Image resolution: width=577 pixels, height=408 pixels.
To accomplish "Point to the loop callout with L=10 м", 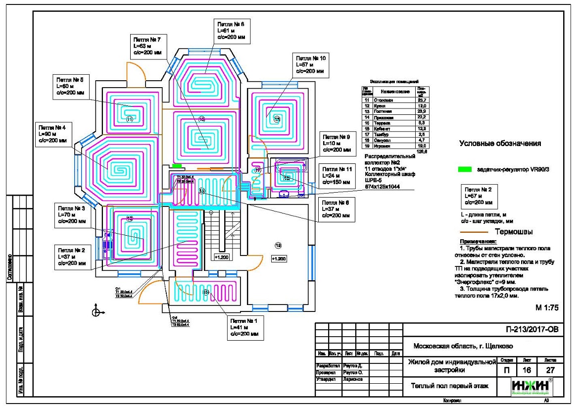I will (336, 143).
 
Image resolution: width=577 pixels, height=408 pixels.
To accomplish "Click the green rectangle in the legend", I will (464, 169).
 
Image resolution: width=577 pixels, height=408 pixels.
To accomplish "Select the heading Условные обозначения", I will (499, 144).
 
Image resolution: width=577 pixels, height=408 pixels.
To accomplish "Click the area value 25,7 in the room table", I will (422, 100).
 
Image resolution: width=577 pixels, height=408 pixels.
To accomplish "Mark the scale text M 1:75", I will (546, 307).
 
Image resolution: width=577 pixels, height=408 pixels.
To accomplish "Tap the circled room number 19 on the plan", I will (278, 245).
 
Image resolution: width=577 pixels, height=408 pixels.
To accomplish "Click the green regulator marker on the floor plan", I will (177, 166).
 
